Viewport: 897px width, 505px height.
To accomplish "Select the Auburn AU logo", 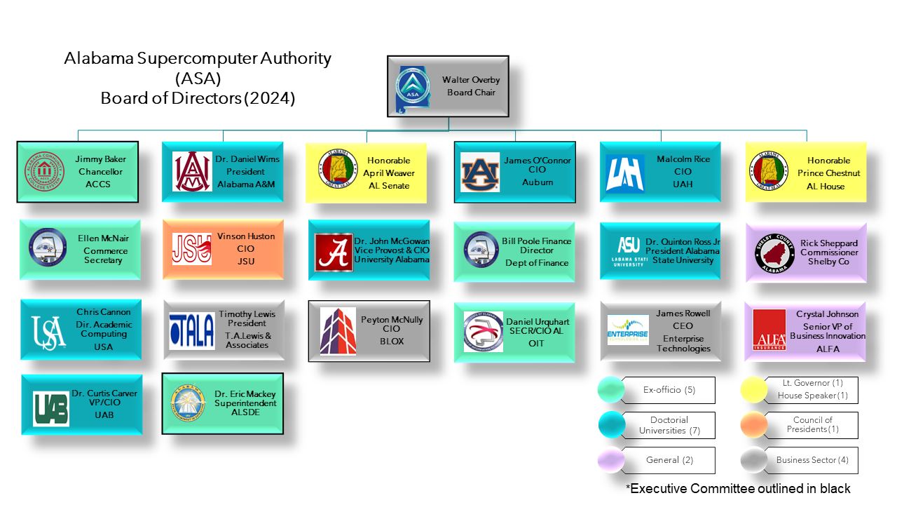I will pyautogui.click(x=480, y=172).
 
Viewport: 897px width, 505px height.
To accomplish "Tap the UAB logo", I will pyautogui.click(x=51, y=408).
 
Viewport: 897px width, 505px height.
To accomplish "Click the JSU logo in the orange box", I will pyautogui.click(x=191, y=250).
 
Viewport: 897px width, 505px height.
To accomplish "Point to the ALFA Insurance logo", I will pyautogui.click(x=769, y=330).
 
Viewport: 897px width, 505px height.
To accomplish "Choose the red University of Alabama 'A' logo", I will pyautogui.click(x=334, y=252).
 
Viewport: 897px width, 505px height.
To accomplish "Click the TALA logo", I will pyautogui.click(x=191, y=331).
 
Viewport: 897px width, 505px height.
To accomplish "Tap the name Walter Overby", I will pyautogui.click(x=471, y=80).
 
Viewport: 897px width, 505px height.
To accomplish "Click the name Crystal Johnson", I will pyautogui.click(x=827, y=314).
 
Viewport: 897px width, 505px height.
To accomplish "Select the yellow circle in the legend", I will pyautogui.click(x=755, y=389).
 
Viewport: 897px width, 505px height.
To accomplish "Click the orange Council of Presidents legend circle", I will pyautogui.click(x=755, y=424).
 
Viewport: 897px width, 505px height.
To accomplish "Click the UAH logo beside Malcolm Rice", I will pyautogui.click(x=624, y=173).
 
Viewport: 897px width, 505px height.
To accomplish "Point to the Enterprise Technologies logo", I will pyautogui.click(x=628, y=330).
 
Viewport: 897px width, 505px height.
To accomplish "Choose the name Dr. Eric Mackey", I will pyautogui.click(x=245, y=394).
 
